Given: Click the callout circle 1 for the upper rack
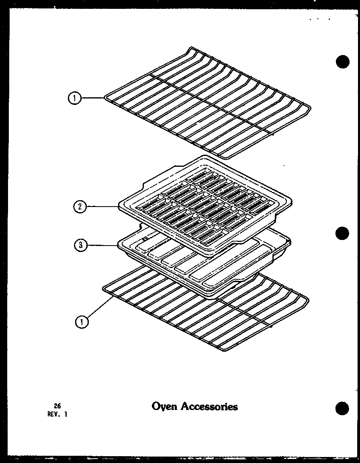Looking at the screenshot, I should (x=75, y=98).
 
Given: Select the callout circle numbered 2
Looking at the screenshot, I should (x=80, y=207).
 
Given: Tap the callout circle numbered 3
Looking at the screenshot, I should (x=81, y=246).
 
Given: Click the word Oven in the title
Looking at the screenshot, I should (x=164, y=406).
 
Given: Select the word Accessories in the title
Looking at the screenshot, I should (x=209, y=406).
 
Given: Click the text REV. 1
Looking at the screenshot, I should (x=57, y=414).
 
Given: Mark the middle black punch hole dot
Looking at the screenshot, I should (x=342, y=234).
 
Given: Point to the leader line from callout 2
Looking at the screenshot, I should (x=103, y=207).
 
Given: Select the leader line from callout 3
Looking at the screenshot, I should (x=102, y=245).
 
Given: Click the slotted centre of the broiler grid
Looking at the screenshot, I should (x=201, y=207).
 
